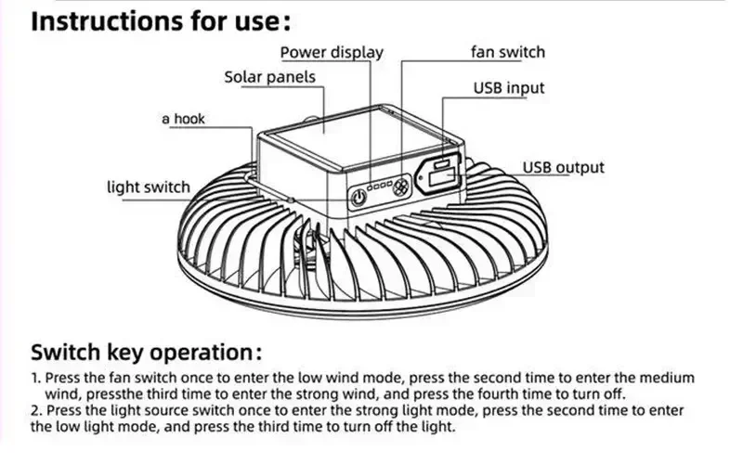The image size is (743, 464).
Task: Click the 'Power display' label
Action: click(x=332, y=53)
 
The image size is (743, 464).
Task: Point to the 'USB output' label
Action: click(x=564, y=168)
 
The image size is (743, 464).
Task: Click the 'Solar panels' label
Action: click(x=269, y=77)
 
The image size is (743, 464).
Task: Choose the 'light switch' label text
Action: click(x=149, y=187)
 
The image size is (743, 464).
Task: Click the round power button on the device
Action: click(x=358, y=196)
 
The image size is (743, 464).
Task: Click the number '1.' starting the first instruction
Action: click(x=36, y=379)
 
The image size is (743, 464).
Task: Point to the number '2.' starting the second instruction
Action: click(x=36, y=409)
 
